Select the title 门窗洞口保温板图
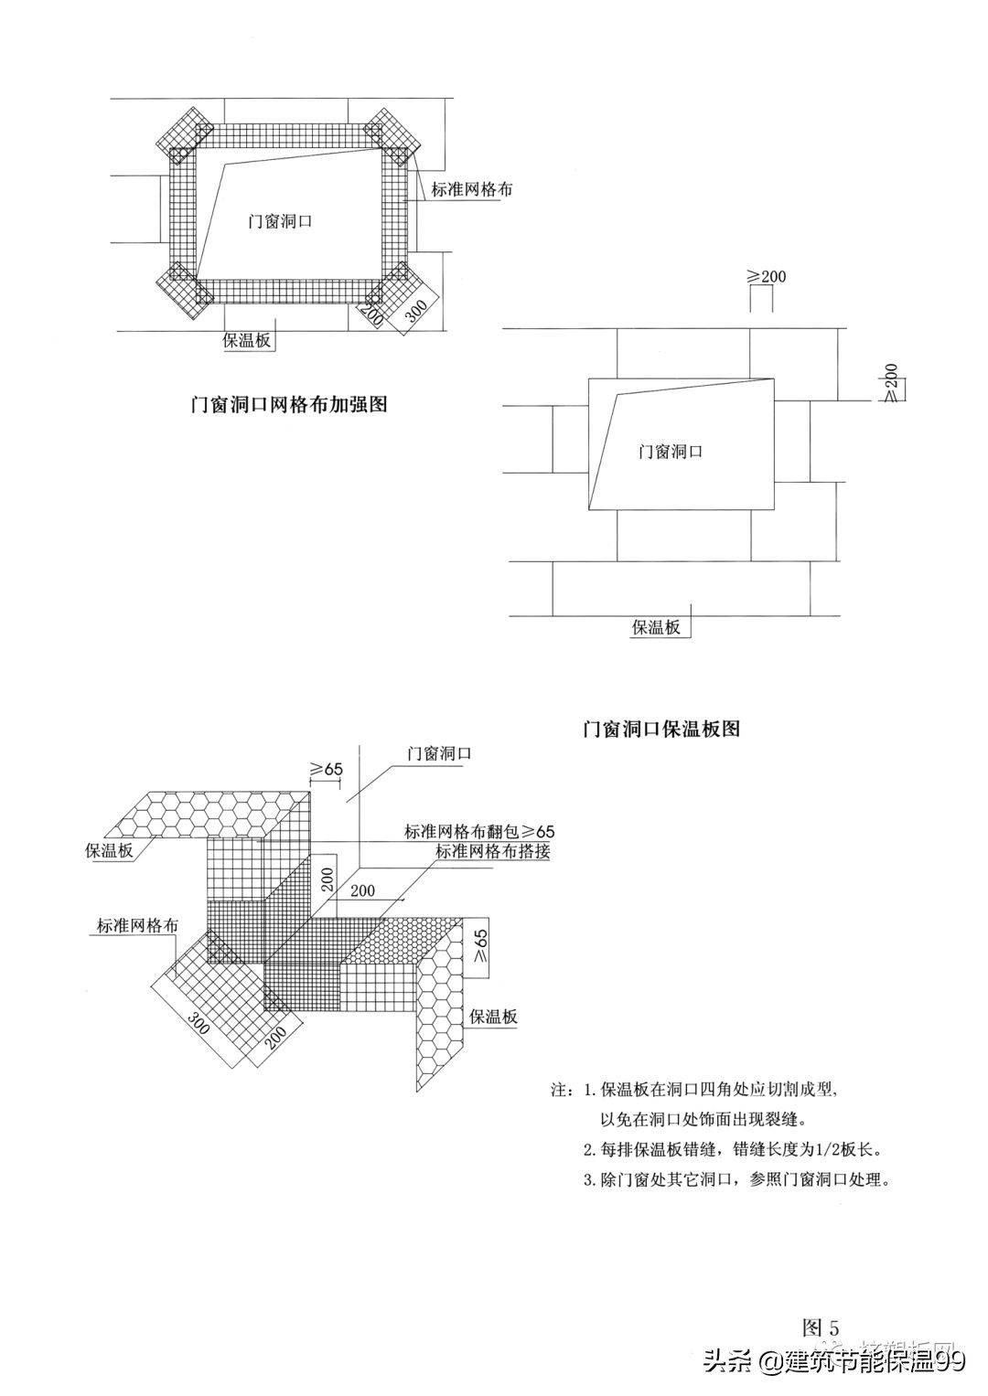661,729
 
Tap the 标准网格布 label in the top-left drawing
472,190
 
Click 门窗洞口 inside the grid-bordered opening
280,220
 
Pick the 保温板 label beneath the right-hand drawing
657,627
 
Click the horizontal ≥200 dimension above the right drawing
767,275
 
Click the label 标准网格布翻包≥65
479,831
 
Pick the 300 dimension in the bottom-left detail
199,1023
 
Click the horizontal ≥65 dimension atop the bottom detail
326,769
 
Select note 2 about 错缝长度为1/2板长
736,1149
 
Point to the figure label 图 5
820,1327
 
